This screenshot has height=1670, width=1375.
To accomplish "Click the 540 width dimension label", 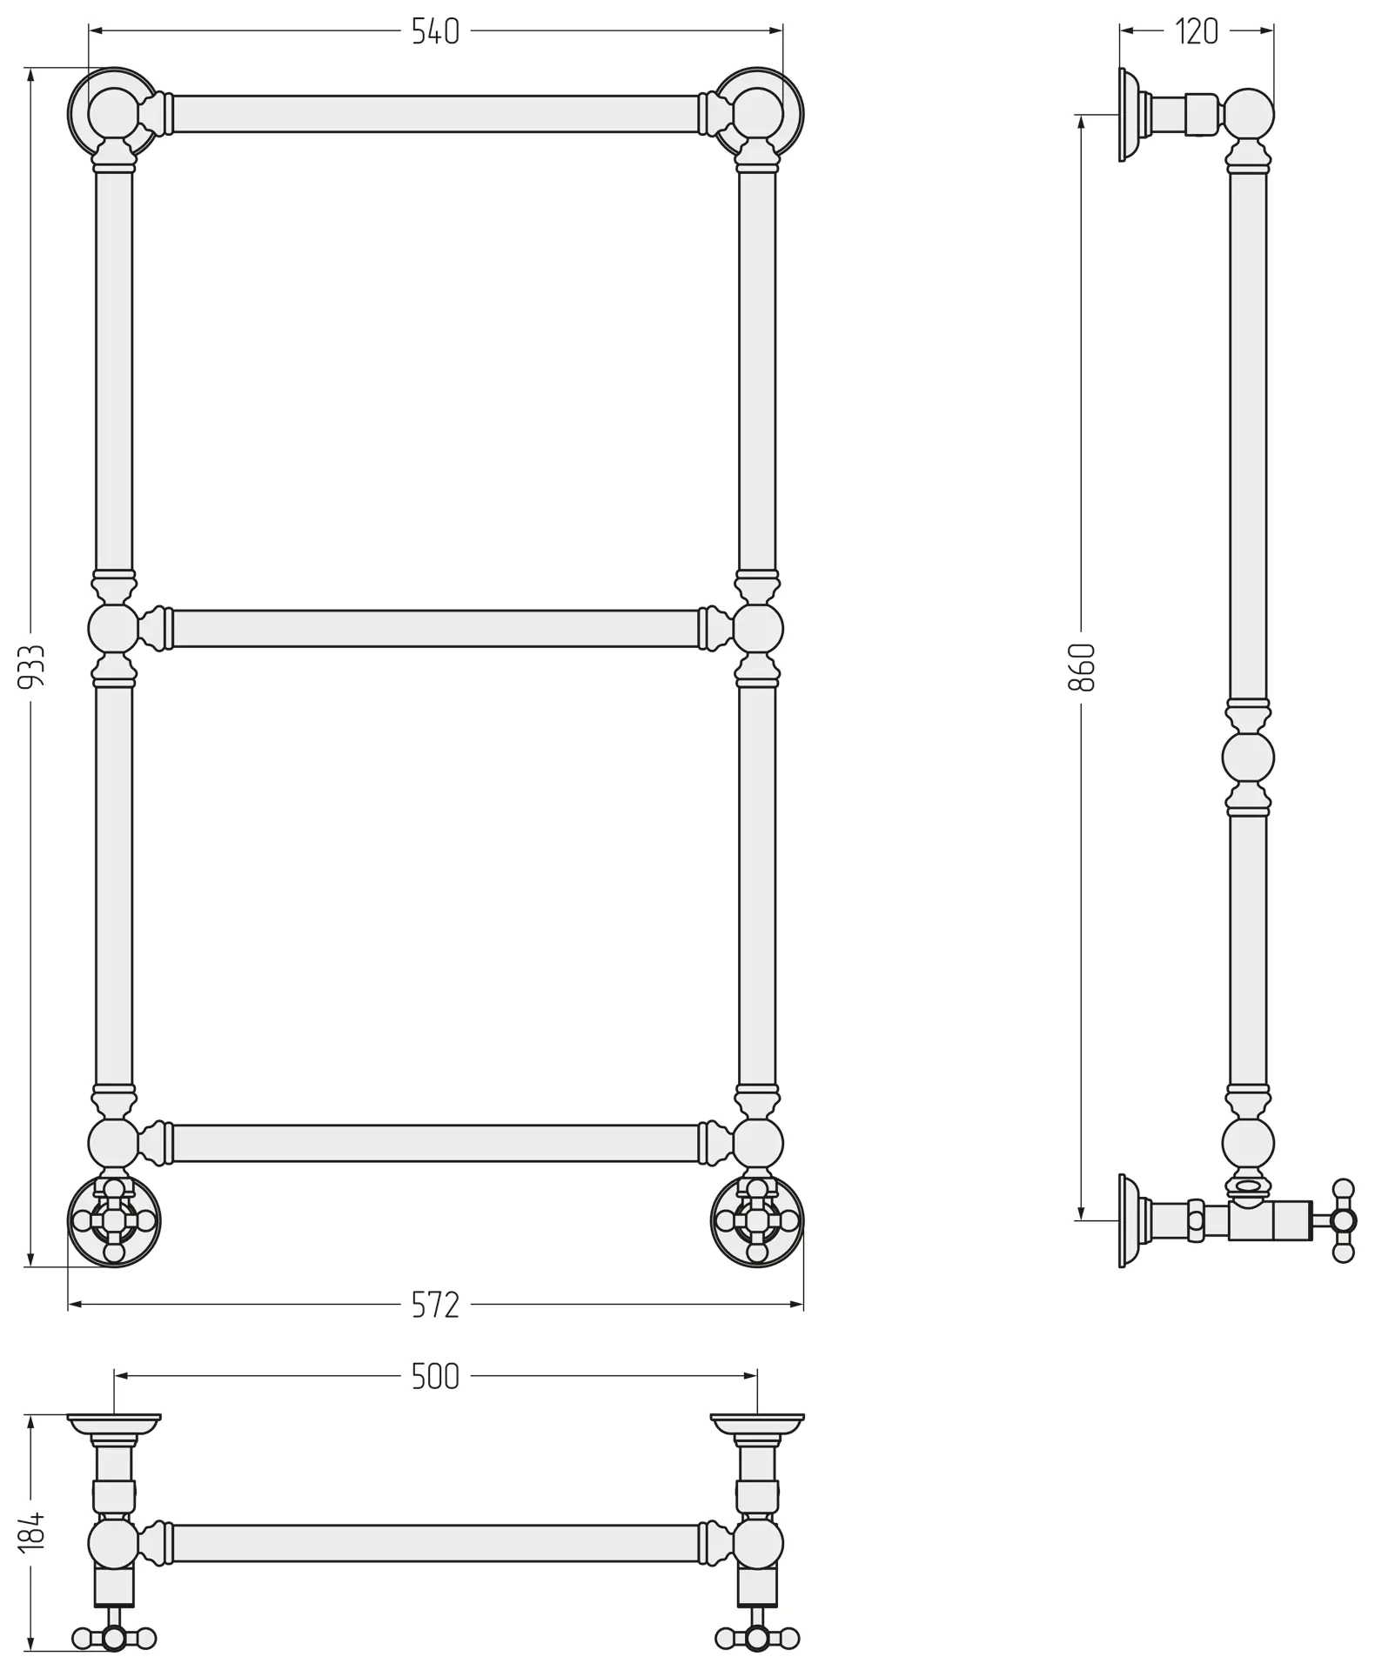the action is pyautogui.click(x=435, y=32).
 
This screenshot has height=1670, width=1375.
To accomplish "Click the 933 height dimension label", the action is pyautogui.click(x=32, y=667).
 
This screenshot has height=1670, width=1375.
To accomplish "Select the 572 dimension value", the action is pyautogui.click(x=435, y=1305).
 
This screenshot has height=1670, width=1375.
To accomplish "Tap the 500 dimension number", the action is pyautogui.click(x=435, y=1377).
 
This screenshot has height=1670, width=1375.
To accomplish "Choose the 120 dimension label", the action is pyautogui.click(x=1197, y=32).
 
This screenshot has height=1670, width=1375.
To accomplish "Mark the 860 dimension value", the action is pyautogui.click(x=1082, y=667).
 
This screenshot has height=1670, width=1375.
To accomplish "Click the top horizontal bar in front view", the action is pyautogui.click(x=435, y=114).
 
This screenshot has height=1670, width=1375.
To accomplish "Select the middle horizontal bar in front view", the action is pyautogui.click(x=435, y=629).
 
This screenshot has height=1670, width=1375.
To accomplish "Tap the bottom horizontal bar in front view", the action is pyautogui.click(x=435, y=1143).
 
